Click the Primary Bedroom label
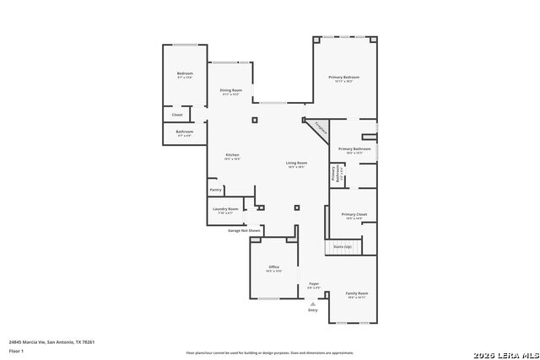[343, 77]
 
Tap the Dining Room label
[231, 90]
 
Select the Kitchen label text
[232, 154]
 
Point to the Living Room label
[295, 163]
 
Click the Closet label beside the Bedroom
[177, 115]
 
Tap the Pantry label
[215, 191]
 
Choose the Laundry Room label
[225, 209]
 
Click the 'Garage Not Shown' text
[244, 230]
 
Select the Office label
[273, 267]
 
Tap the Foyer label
[313, 284]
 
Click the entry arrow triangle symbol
[313, 303]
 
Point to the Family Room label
[357, 293]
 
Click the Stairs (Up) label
[342, 247]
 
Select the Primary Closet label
[354, 215]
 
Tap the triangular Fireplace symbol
[319, 128]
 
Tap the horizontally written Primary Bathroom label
[354, 149]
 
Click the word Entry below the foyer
[313, 310]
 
